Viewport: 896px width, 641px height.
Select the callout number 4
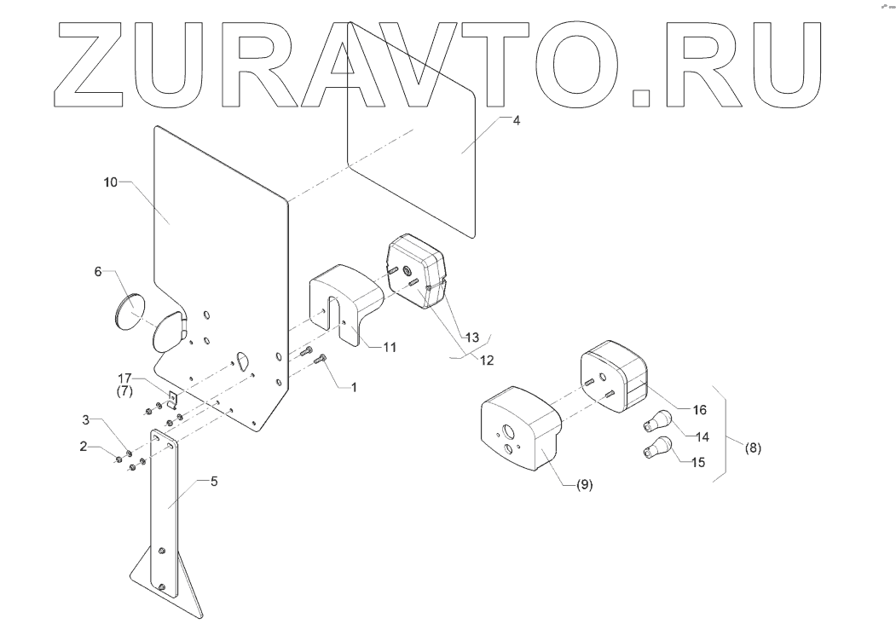point(515,120)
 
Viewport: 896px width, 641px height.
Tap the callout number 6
point(99,271)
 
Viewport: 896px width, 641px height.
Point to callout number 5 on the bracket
point(214,481)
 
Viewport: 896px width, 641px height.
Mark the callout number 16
point(698,409)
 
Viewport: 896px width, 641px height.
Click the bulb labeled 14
point(661,421)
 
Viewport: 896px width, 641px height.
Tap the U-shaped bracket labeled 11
point(341,303)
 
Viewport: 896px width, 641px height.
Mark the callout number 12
point(487,360)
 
